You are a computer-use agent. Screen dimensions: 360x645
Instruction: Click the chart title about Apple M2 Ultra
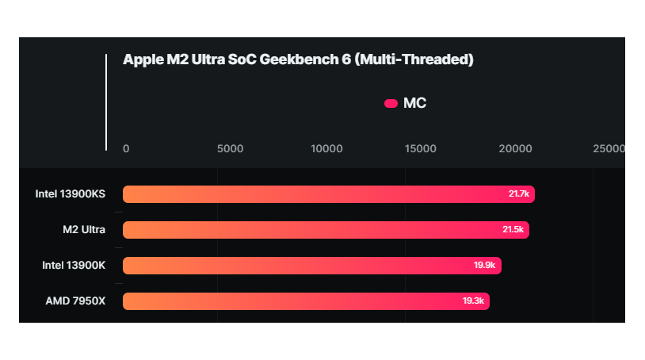coord(298,60)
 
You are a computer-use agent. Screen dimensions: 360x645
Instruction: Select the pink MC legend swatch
coord(391,104)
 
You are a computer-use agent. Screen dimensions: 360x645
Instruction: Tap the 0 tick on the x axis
coord(126,148)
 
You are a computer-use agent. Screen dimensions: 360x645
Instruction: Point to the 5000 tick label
coord(230,148)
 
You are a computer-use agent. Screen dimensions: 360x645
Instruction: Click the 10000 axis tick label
coord(326,148)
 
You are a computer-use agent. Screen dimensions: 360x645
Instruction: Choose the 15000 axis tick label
coord(421,148)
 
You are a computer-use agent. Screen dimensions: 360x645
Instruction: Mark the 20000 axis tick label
coord(516,148)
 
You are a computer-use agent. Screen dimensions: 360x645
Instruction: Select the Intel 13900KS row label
coord(70,194)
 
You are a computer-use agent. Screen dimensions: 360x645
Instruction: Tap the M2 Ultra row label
coord(84,230)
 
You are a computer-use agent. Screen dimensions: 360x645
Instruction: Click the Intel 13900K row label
coord(74,265)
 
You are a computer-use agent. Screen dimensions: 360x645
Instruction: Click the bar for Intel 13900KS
coord(317,194)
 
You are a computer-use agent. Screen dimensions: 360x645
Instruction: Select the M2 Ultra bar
coord(317,230)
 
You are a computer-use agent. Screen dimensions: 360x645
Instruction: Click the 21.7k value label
coord(518,194)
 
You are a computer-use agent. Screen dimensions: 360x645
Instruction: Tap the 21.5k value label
coord(513,230)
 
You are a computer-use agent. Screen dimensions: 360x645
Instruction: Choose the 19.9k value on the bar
coord(484,266)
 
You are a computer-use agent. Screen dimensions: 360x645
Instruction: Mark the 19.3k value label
coord(473,301)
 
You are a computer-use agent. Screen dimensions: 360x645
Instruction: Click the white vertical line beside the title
coord(106,101)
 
